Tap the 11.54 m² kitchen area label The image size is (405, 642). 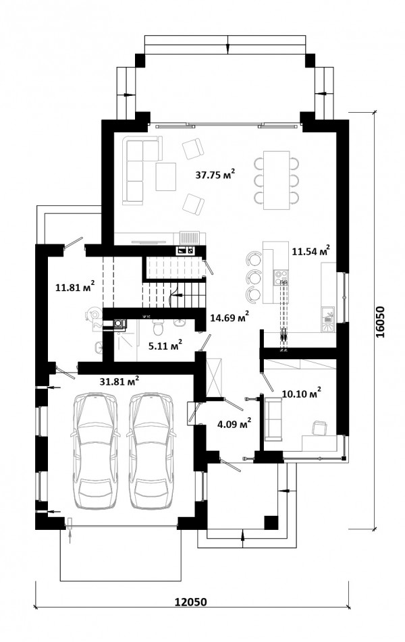pos(311,250)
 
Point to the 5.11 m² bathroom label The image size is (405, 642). pos(165,346)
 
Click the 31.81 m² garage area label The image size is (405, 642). pos(119,381)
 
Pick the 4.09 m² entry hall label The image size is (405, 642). pos(234,424)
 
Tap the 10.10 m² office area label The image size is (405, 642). pos(302,394)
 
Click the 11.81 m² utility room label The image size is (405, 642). pos(75,286)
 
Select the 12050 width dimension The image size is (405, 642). pos(191,614)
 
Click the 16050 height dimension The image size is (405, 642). pos(381,321)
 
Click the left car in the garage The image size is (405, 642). pos(95,450)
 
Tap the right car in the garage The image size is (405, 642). pos(151,450)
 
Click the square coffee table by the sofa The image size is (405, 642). pos(166,176)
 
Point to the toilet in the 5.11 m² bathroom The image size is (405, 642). pos(158,327)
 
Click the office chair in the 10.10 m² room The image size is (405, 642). pos(319,428)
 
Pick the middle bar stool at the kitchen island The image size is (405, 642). pos(253,277)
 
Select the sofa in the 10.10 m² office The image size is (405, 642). pos(273,419)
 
